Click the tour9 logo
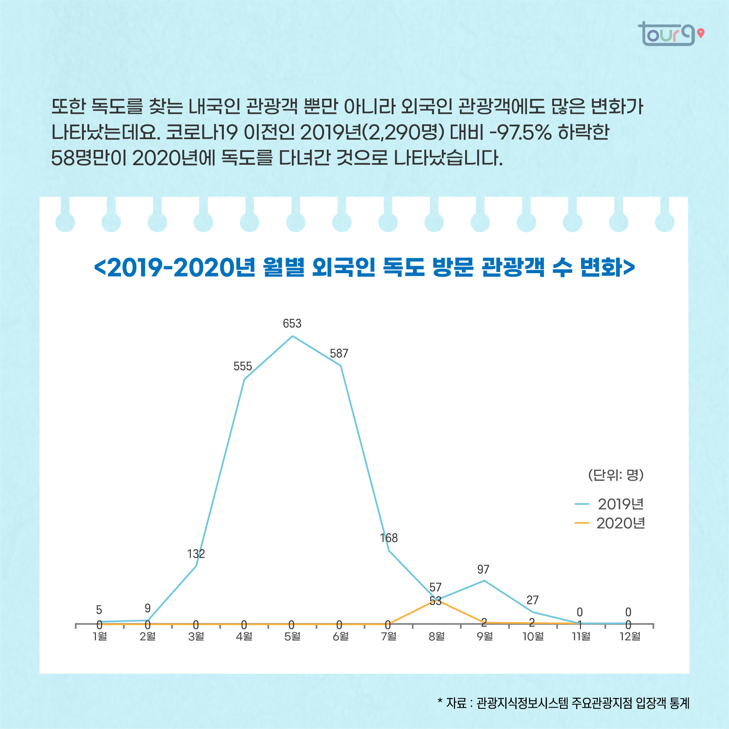[670, 34]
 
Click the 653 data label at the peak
[292, 323]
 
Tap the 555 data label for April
[242, 366]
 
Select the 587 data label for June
[339, 353]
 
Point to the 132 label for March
[196, 554]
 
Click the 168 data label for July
[389, 538]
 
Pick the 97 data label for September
[483, 569]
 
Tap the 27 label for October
[532, 600]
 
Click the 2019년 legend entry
[620, 504]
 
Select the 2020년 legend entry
[620, 523]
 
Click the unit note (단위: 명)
[616, 474]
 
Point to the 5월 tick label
[292, 636]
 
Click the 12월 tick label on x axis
[630, 636]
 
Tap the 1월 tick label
[100, 636]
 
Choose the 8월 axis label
[437, 636]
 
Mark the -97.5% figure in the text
[520, 133]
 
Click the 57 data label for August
[435, 587]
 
